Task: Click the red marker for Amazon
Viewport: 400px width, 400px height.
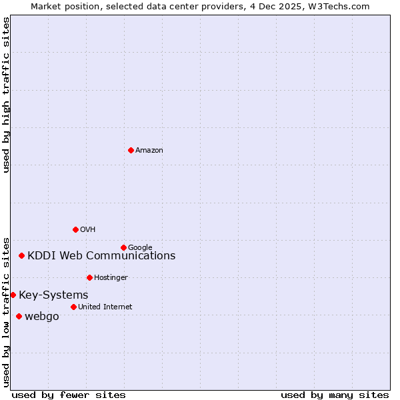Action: pyautogui.click(x=131, y=150)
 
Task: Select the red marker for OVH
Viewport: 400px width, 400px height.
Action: pyautogui.click(x=75, y=229)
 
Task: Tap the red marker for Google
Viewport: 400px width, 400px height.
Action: pyautogui.click(x=123, y=247)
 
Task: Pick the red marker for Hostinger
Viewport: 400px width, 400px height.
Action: pyautogui.click(x=89, y=277)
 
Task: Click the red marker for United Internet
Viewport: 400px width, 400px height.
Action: pyautogui.click(x=73, y=307)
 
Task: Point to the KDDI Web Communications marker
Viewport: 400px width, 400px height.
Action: pyautogui.click(x=21, y=255)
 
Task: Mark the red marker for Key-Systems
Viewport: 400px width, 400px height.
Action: pyautogui.click(x=13, y=295)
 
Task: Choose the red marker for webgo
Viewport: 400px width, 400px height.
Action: pyautogui.click(x=19, y=316)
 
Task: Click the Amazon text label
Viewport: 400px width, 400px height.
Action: pyautogui.click(x=149, y=151)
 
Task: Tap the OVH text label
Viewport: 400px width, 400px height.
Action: pyautogui.click(x=88, y=230)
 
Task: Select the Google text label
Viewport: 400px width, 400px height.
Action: pyautogui.click(x=140, y=248)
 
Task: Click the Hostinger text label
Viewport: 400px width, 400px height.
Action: pyautogui.click(x=111, y=278)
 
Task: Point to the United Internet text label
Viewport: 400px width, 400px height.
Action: pyautogui.click(x=105, y=307)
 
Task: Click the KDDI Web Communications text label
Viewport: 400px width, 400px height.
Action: pyautogui.click(x=101, y=256)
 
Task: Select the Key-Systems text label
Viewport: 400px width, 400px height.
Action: pyautogui.click(x=53, y=295)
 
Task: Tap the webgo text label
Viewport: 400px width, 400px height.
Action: pyautogui.click(x=41, y=317)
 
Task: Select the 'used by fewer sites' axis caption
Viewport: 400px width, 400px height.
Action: pyautogui.click(x=69, y=395)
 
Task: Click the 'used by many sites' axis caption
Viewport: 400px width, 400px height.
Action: pyautogui.click(x=335, y=395)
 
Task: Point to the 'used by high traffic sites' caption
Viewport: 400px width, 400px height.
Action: pyautogui.click(x=6, y=95)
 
